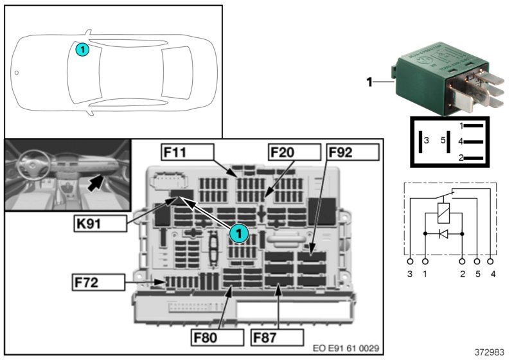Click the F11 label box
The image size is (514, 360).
(x=186, y=152)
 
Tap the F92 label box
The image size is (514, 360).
(x=351, y=152)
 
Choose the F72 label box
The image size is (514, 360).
(x=98, y=282)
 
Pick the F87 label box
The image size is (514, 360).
(x=277, y=337)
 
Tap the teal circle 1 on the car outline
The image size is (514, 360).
(x=82, y=48)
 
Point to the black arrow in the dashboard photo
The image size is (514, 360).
(x=96, y=183)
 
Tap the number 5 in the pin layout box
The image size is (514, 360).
(x=442, y=139)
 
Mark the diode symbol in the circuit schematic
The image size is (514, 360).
(x=443, y=233)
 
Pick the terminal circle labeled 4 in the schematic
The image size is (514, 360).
(x=492, y=262)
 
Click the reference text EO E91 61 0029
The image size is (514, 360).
(x=346, y=348)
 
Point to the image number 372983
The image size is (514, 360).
(x=489, y=353)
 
